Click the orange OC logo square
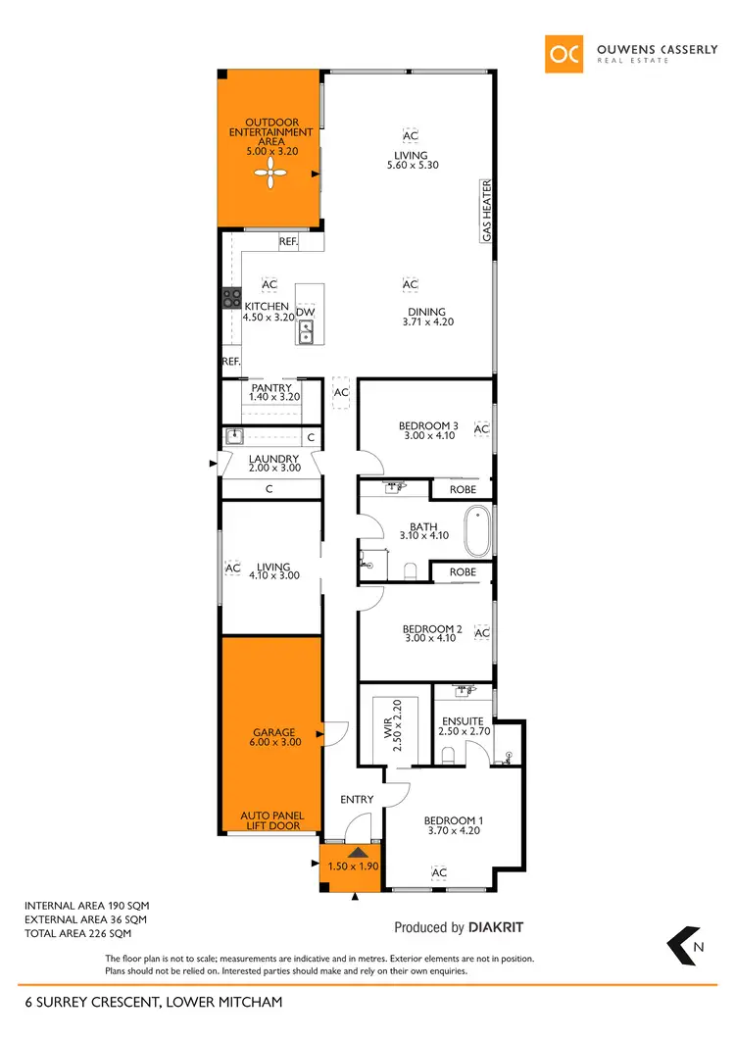point(565,53)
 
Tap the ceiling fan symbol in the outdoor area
point(270,175)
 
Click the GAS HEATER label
point(485,211)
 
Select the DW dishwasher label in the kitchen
point(306,312)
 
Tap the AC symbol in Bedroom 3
point(481,429)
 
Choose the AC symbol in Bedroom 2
point(481,633)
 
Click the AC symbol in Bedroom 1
point(439,872)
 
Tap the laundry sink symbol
point(233,437)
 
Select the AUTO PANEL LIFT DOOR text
point(271,820)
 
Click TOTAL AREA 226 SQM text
point(86,934)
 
